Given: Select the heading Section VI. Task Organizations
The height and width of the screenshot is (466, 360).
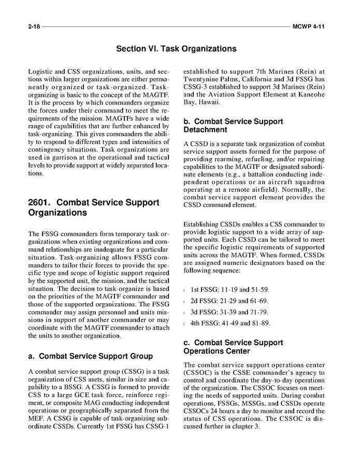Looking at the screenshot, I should [x=176, y=49].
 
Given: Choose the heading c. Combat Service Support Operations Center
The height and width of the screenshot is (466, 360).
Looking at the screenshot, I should [x=233, y=347].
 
